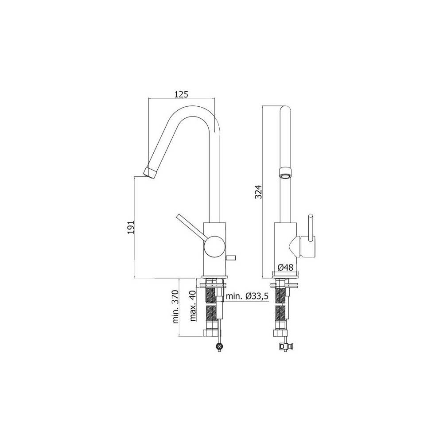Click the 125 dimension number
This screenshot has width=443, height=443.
pos(182,94)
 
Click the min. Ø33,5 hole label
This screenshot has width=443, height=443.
pos(247,296)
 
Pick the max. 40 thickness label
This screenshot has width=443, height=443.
pos(193,306)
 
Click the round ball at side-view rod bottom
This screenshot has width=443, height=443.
pos(219,347)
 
